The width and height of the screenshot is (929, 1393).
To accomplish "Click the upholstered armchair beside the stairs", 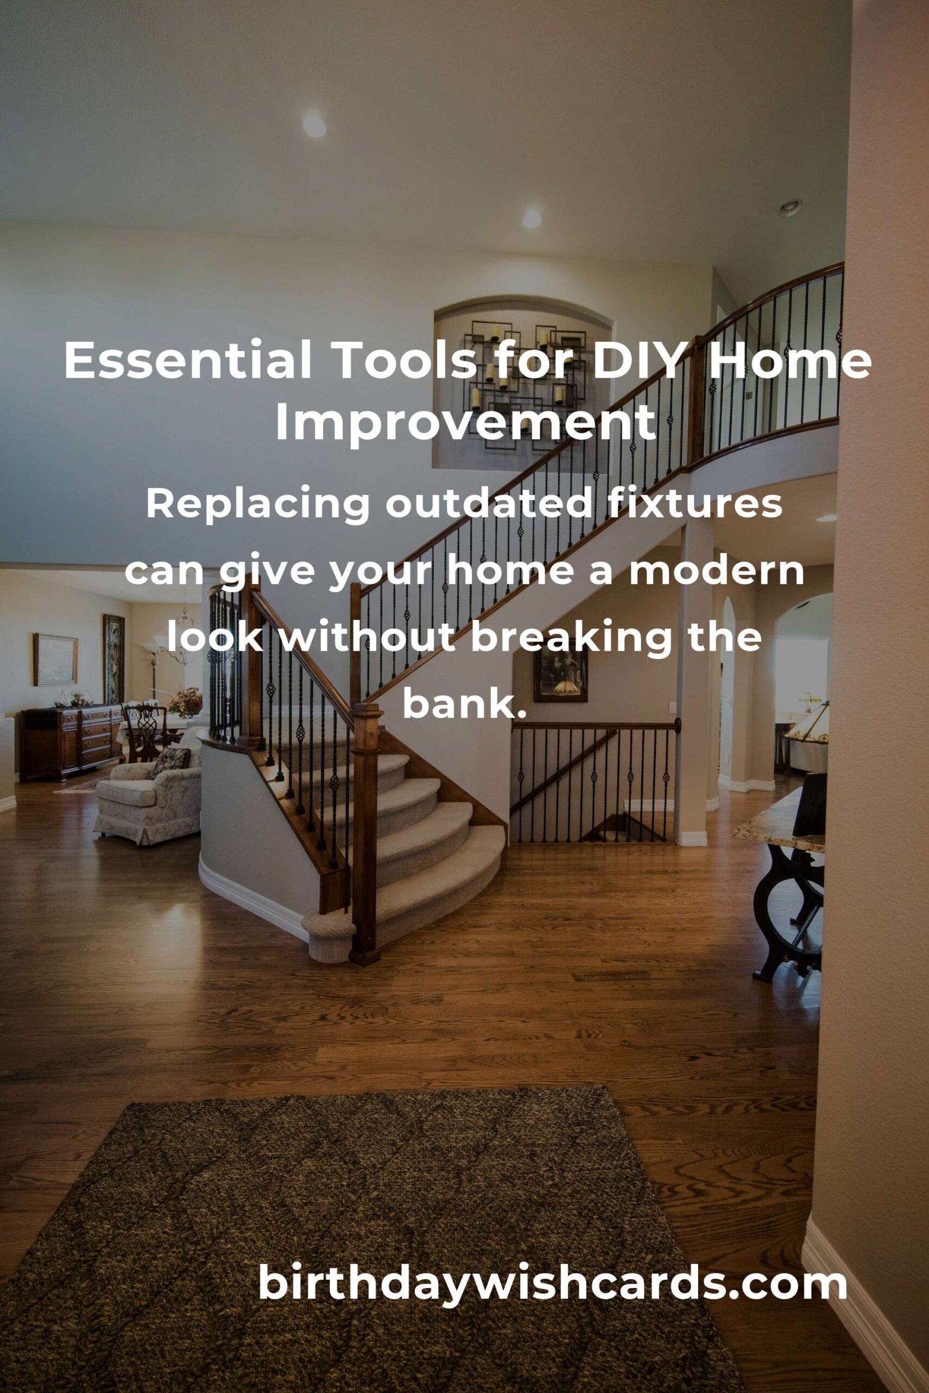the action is [148, 792].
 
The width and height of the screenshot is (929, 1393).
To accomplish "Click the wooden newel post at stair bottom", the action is [363, 835].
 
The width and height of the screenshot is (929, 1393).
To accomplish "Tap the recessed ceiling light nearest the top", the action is [314, 125].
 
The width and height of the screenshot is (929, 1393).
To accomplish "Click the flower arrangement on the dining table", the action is [184, 701].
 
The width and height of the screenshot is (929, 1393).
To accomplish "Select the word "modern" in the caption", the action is [716, 573].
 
